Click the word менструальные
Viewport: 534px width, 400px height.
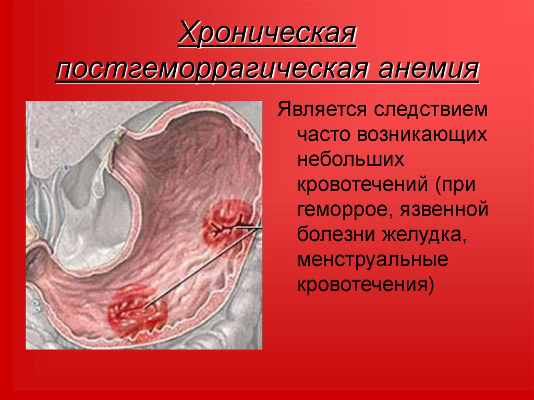pos(373,260)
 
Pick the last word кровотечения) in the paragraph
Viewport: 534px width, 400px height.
pos(366,285)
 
